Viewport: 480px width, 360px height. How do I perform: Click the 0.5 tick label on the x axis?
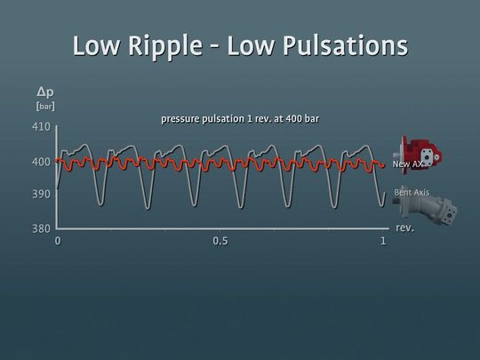point(220,241)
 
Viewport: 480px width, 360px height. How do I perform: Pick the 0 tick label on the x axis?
point(58,241)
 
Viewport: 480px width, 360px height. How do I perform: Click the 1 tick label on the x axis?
point(383,241)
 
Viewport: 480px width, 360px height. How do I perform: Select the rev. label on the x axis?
point(404,228)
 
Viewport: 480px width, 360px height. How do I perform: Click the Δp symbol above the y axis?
point(44,91)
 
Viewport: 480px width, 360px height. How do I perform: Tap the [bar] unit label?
point(44,106)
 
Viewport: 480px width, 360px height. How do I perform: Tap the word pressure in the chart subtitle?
point(182,118)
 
